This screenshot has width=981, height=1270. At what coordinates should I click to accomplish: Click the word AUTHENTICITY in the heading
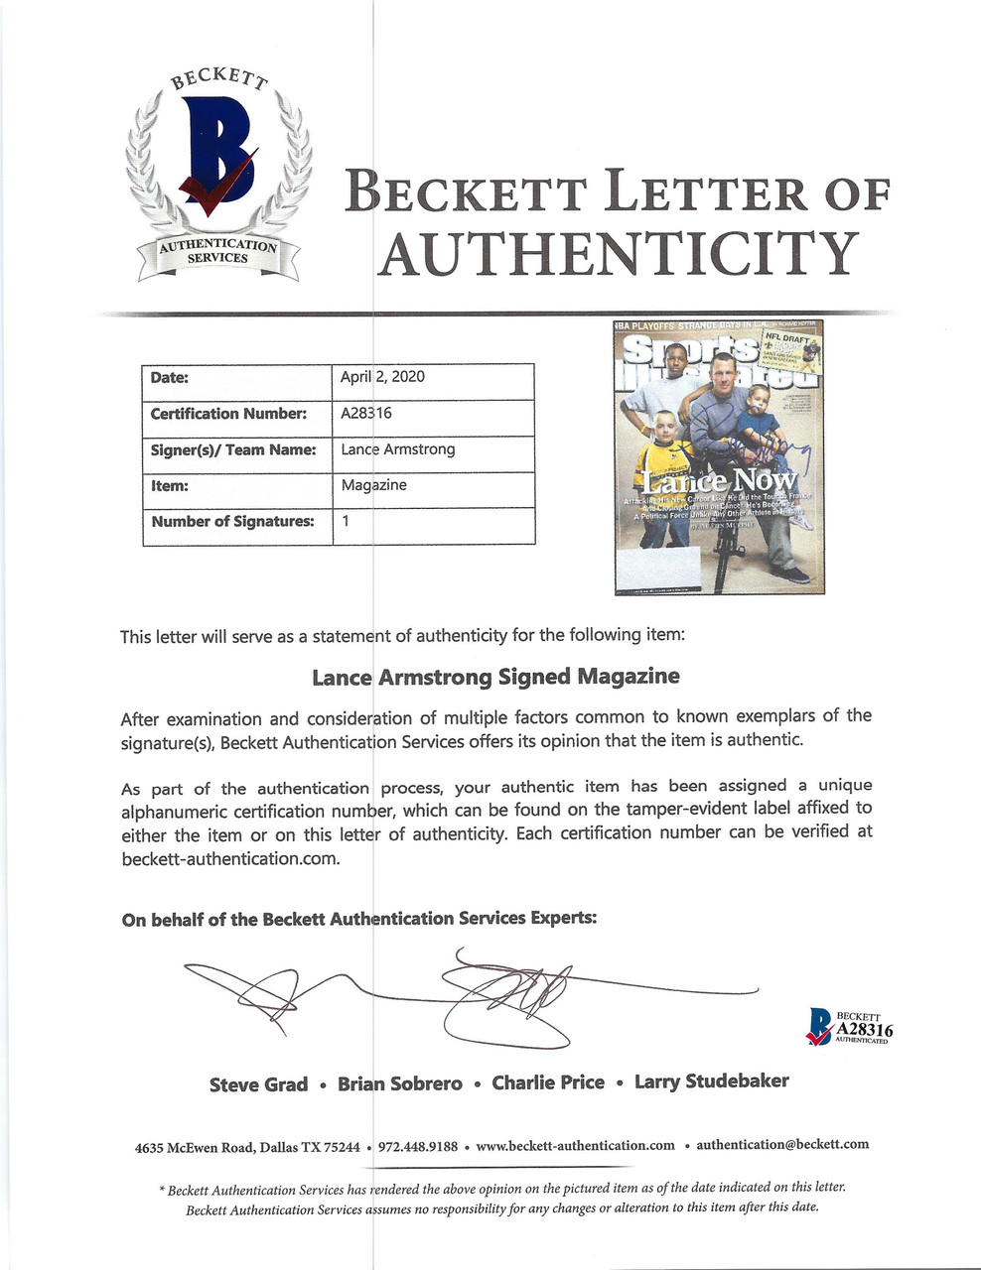click(617, 255)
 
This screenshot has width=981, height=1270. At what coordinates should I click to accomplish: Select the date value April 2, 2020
click(382, 377)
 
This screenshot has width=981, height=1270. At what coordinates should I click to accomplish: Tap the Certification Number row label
click(228, 414)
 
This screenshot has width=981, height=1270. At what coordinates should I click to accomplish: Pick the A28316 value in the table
click(366, 414)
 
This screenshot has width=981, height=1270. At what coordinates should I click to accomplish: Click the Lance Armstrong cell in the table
click(398, 449)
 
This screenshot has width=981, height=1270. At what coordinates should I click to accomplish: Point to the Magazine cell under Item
click(374, 485)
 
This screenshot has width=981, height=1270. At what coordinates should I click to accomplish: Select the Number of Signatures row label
click(232, 521)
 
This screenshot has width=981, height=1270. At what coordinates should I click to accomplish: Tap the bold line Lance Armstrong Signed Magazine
click(495, 677)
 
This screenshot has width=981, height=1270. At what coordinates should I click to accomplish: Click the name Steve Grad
click(258, 1084)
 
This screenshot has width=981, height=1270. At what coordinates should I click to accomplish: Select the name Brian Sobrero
click(400, 1083)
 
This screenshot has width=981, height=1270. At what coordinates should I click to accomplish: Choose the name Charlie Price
click(548, 1082)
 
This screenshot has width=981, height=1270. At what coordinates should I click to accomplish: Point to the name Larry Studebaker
click(712, 1081)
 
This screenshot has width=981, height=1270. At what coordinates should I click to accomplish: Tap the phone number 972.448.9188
click(418, 1146)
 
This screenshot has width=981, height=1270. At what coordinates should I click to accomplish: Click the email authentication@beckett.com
click(782, 1144)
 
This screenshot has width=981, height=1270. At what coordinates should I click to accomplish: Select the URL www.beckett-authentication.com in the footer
click(575, 1145)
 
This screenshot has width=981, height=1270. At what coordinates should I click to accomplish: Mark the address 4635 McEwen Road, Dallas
click(247, 1147)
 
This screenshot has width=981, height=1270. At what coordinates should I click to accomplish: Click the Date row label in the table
click(170, 377)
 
